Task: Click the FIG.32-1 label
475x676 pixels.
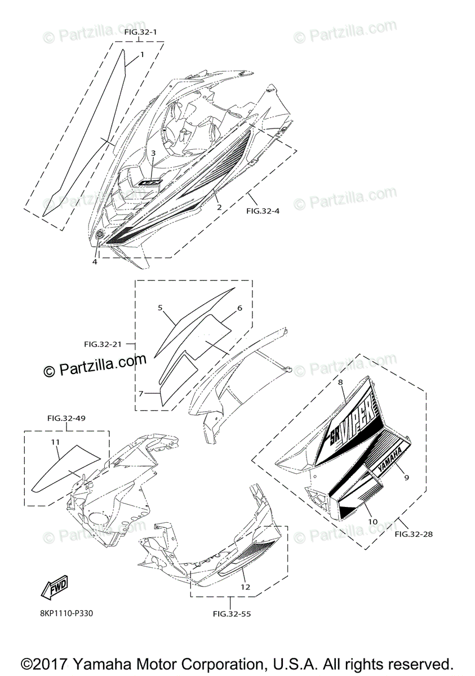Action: pyautogui.click(x=140, y=33)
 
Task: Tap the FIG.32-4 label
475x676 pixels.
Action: pyautogui.click(x=263, y=212)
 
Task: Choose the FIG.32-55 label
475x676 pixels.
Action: pyautogui.click(x=232, y=613)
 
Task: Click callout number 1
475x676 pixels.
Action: pyautogui.click(x=142, y=55)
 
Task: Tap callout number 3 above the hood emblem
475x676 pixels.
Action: pyautogui.click(x=153, y=153)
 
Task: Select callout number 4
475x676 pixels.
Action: pyautogui.click(x=95, y=261)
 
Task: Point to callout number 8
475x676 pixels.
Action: pyautogui.click(x=340, y=383)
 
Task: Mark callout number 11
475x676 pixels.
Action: pyautogui.click(x=56, y=443)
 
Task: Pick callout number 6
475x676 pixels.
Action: pyautogui.click(x=239, y=309)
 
